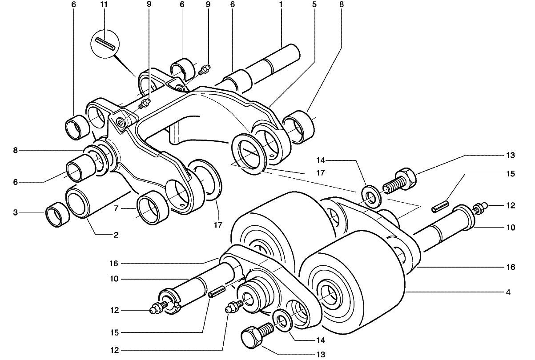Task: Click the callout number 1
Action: click(281, 4)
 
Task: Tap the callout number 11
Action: click(104, 4)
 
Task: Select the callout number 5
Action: click(314, 4)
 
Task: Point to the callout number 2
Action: click(116, 235)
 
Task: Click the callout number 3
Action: click(16, 212)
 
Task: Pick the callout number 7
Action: click(116, 208)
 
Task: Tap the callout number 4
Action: click(508, 292)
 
